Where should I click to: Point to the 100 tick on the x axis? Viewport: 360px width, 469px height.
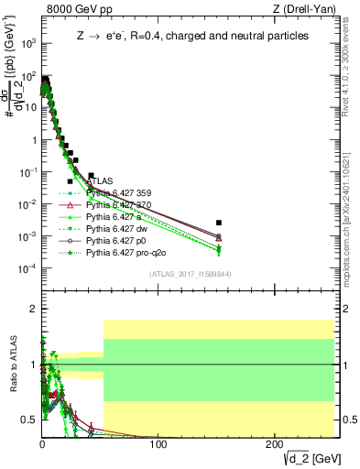pyautogui.click(x=158, y=444)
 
